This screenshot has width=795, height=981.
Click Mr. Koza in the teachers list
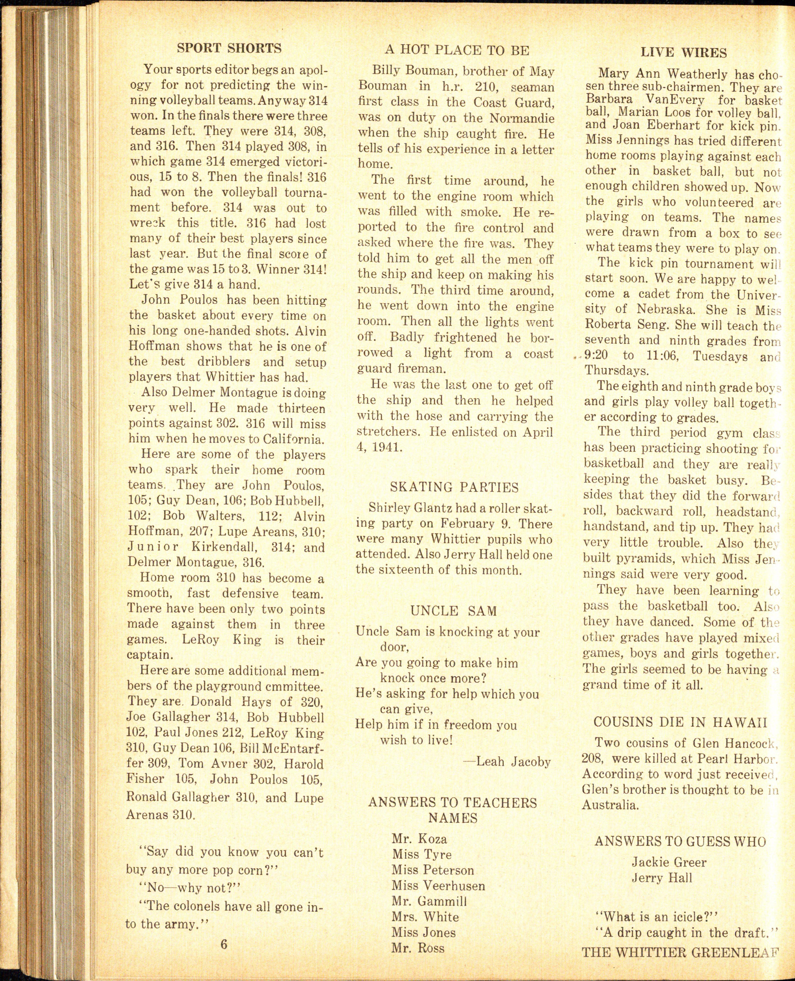coord(419,839)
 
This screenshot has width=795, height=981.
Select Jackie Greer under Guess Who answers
coord(669,862)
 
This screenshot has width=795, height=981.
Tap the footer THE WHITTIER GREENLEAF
coord(680,952)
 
